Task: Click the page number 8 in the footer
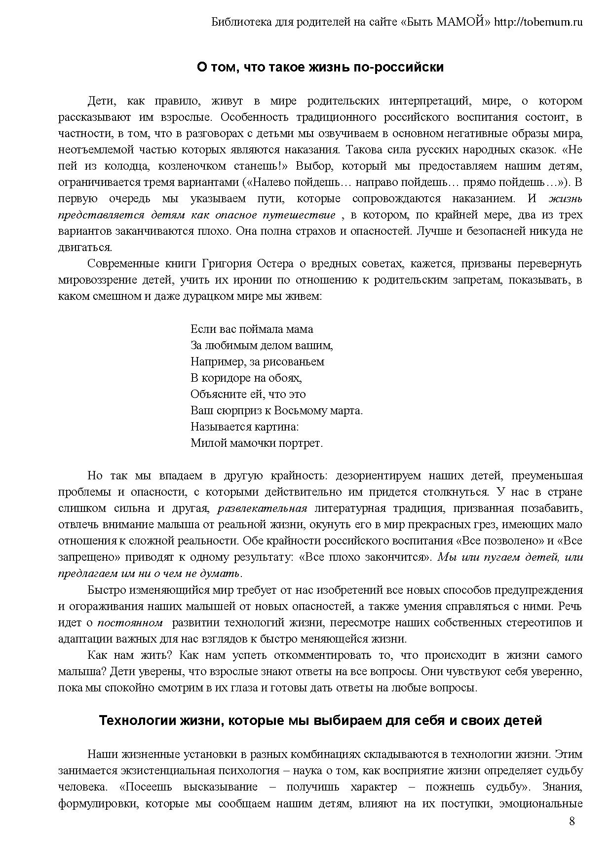[x=572, y=821]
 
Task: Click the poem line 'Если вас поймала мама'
[x=252, y=329]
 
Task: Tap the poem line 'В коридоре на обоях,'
[x=246, y=378]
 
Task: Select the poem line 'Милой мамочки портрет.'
[x=257, y=443]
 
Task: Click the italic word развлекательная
[x=263, y=508]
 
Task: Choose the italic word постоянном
[x=130, y=623]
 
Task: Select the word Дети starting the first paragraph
[x=101, y=101]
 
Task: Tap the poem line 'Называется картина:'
[x=245, y=427]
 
